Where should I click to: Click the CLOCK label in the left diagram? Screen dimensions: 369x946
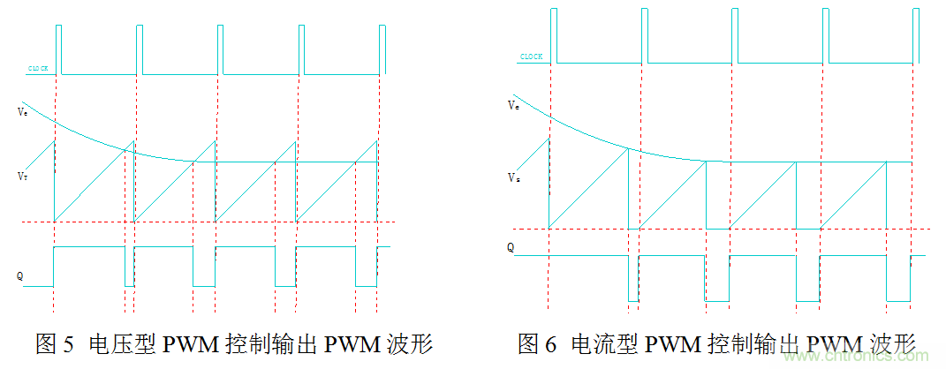38,68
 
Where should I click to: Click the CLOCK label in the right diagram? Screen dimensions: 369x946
531,56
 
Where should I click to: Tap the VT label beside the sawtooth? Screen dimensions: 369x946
21,177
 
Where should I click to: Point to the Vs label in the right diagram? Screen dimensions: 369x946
513,177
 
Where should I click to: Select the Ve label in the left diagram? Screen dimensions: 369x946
21,112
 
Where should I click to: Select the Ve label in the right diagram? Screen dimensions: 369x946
513,105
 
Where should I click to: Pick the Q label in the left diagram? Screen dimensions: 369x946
19,275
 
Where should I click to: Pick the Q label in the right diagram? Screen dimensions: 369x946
511,248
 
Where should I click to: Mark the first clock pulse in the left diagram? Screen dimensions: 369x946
59,49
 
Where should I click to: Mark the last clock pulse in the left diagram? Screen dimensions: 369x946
382,49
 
